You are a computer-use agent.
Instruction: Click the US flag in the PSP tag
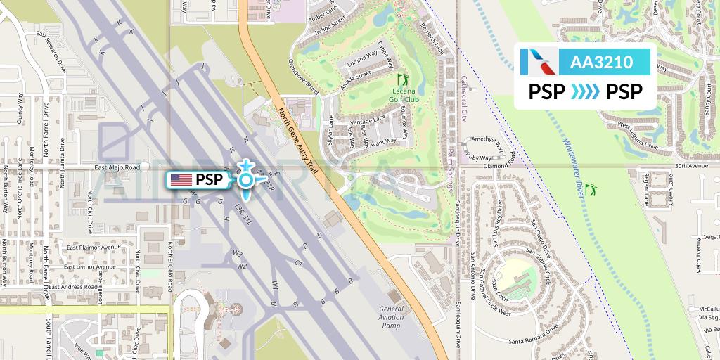(181, 180)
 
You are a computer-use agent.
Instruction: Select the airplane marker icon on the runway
(245, 180)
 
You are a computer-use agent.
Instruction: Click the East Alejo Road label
(117, 168)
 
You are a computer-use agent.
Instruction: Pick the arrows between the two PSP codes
(585, 92)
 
